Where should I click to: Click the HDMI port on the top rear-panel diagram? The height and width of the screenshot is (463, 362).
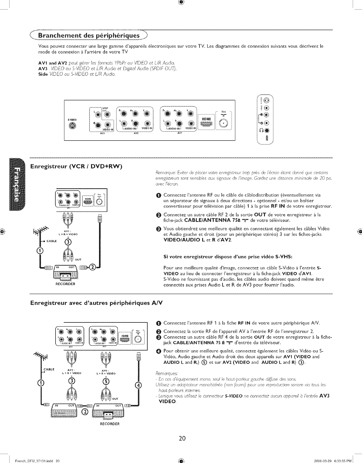pyautogui.click(x=206, y=124)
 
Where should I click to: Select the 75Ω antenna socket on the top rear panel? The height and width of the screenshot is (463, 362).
pyautogui.click(x=224, y=123)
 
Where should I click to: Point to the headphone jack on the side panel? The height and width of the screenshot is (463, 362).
pyautogui.click(x=267, y=130)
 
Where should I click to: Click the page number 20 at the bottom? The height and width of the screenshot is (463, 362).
pyautogui.click(x=182, y=438)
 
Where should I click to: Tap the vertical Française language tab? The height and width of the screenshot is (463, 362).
pyautogui.click(x=18, y=184)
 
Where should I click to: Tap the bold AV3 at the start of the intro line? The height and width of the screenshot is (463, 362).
pyautogui.click(x=42, y=69)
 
